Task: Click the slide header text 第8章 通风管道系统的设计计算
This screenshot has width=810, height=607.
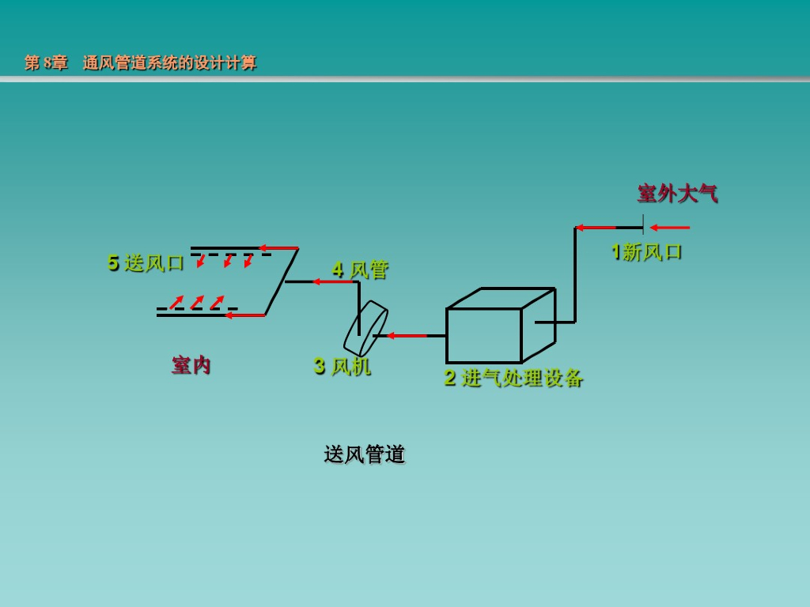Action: [141, 63]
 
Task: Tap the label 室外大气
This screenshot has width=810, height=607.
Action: [677, 194]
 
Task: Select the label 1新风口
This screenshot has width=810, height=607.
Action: [646, 252]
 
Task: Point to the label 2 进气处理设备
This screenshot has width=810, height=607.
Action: [513, 378]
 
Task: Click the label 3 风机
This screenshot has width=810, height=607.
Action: [342, 366]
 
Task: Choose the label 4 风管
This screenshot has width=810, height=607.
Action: [360, 270]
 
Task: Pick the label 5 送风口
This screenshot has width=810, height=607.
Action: [146, 263]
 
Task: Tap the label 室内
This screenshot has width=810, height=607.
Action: [191, 365]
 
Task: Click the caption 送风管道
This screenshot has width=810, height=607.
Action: [364, 454]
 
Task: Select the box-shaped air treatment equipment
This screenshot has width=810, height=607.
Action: [484, 334]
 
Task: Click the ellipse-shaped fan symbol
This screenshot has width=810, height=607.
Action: [365, 328]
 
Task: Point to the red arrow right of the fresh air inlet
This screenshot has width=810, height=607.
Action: [669, 228]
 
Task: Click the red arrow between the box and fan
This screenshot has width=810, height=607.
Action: [407, 336]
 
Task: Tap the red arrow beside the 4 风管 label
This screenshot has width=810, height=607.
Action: [331, 281]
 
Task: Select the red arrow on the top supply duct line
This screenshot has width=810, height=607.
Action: [278, 248]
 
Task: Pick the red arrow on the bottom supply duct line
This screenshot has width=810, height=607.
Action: [244, 315]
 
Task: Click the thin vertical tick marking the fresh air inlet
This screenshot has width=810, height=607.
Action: [643, 224]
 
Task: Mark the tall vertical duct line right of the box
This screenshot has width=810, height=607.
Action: [575, 275]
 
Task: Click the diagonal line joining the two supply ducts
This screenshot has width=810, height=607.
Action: [282, 281]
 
